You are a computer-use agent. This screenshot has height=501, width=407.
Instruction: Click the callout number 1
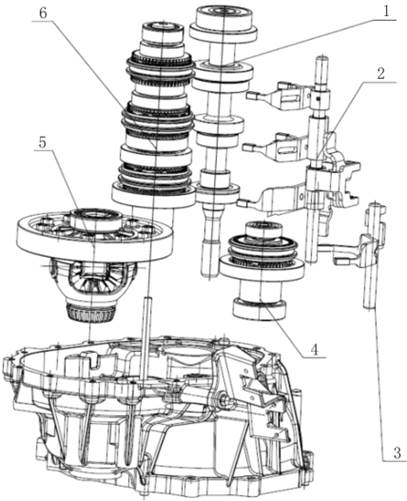coord(385,12)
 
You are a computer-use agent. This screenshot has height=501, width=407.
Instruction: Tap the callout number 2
coord(381,73)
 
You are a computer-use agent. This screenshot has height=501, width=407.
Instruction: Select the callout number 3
coord(397,453)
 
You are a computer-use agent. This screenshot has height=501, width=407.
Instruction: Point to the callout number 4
coord(314,350)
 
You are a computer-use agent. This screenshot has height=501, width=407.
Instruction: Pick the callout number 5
coord(42,143)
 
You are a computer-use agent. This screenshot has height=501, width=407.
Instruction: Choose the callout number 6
coord(43,13)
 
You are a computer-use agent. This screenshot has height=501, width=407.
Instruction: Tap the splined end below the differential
coord(91,313)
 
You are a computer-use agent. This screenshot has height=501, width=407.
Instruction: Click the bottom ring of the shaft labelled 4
coord(259,308)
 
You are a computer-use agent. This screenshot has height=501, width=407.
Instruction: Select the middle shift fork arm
coord(278,147)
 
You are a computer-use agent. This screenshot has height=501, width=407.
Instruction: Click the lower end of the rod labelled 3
coord(369,305)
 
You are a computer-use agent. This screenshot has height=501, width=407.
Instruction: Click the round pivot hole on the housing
coord(221,397)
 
